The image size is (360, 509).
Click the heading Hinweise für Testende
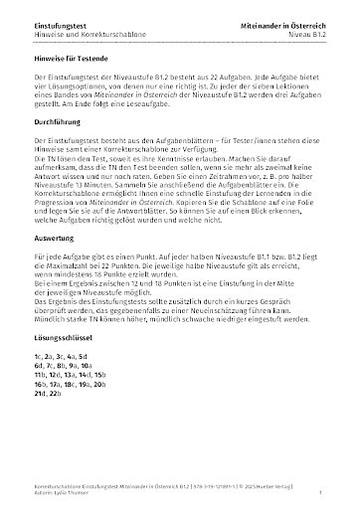tap(66, 60)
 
